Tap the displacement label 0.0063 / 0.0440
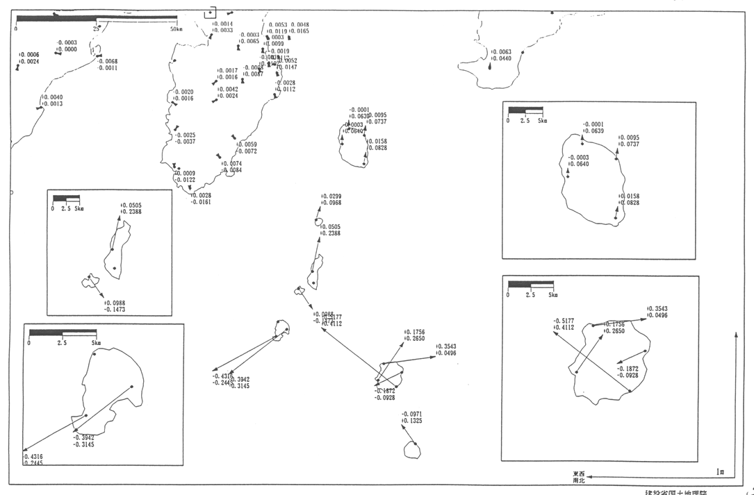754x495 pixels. [x=501, y=56]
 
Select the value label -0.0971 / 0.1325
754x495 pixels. [x=411, y=417]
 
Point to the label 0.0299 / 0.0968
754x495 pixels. [x=331, y=199]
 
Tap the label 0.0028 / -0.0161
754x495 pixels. [x=200, y=199]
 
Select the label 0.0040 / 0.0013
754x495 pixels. [x=52, y=101]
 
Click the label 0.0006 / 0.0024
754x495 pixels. [x=28, y=58]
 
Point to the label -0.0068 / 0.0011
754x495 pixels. [x=107, y=65]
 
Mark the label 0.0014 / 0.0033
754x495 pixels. [x=222, y=27]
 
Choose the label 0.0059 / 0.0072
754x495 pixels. [x=247, y=148]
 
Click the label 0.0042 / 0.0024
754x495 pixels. [x=227, y=92]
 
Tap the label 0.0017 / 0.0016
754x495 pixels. [x=227, y=74]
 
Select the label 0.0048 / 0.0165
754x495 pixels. [x=300, y=28]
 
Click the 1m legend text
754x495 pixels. [x=721, y=472]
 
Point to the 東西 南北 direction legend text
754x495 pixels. [x=578, y=477]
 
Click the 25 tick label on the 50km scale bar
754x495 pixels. [x=95, y=29]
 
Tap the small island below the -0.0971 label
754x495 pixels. [x=413, y=450]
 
